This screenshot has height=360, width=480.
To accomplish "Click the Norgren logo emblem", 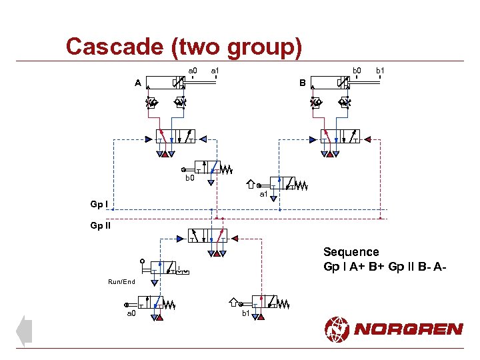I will (x=337, y=329).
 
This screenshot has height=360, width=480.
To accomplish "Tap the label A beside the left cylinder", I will (x=137, y=83).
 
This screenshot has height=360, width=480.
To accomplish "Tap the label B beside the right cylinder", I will (x=302, y=83).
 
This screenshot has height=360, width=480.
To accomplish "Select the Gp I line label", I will (x=100, y=203).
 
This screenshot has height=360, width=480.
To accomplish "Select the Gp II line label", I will (x=101, y=225).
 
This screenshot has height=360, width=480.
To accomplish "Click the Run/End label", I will (x=121, y=282).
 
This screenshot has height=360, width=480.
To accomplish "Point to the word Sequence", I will (x=351, y=252).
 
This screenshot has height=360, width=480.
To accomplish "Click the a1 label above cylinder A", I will (x=215, y=71).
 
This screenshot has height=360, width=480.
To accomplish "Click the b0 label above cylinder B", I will (x=357, y=70).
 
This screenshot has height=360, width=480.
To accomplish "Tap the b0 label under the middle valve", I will (x=189, y=179).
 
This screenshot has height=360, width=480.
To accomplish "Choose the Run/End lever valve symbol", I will (x=164, y=268).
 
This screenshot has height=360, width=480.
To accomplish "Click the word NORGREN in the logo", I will (x=409, y=329).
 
